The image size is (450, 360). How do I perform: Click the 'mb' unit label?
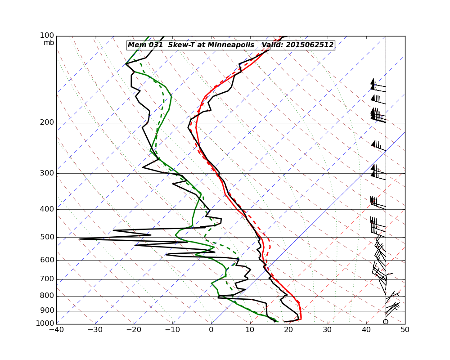point(49,43)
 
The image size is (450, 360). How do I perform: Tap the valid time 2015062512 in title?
point(310,45)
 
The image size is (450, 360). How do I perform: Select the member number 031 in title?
point(154,45)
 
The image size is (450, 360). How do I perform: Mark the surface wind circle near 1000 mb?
point(386,321)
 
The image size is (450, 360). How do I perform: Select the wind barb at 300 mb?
point(378,173)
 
